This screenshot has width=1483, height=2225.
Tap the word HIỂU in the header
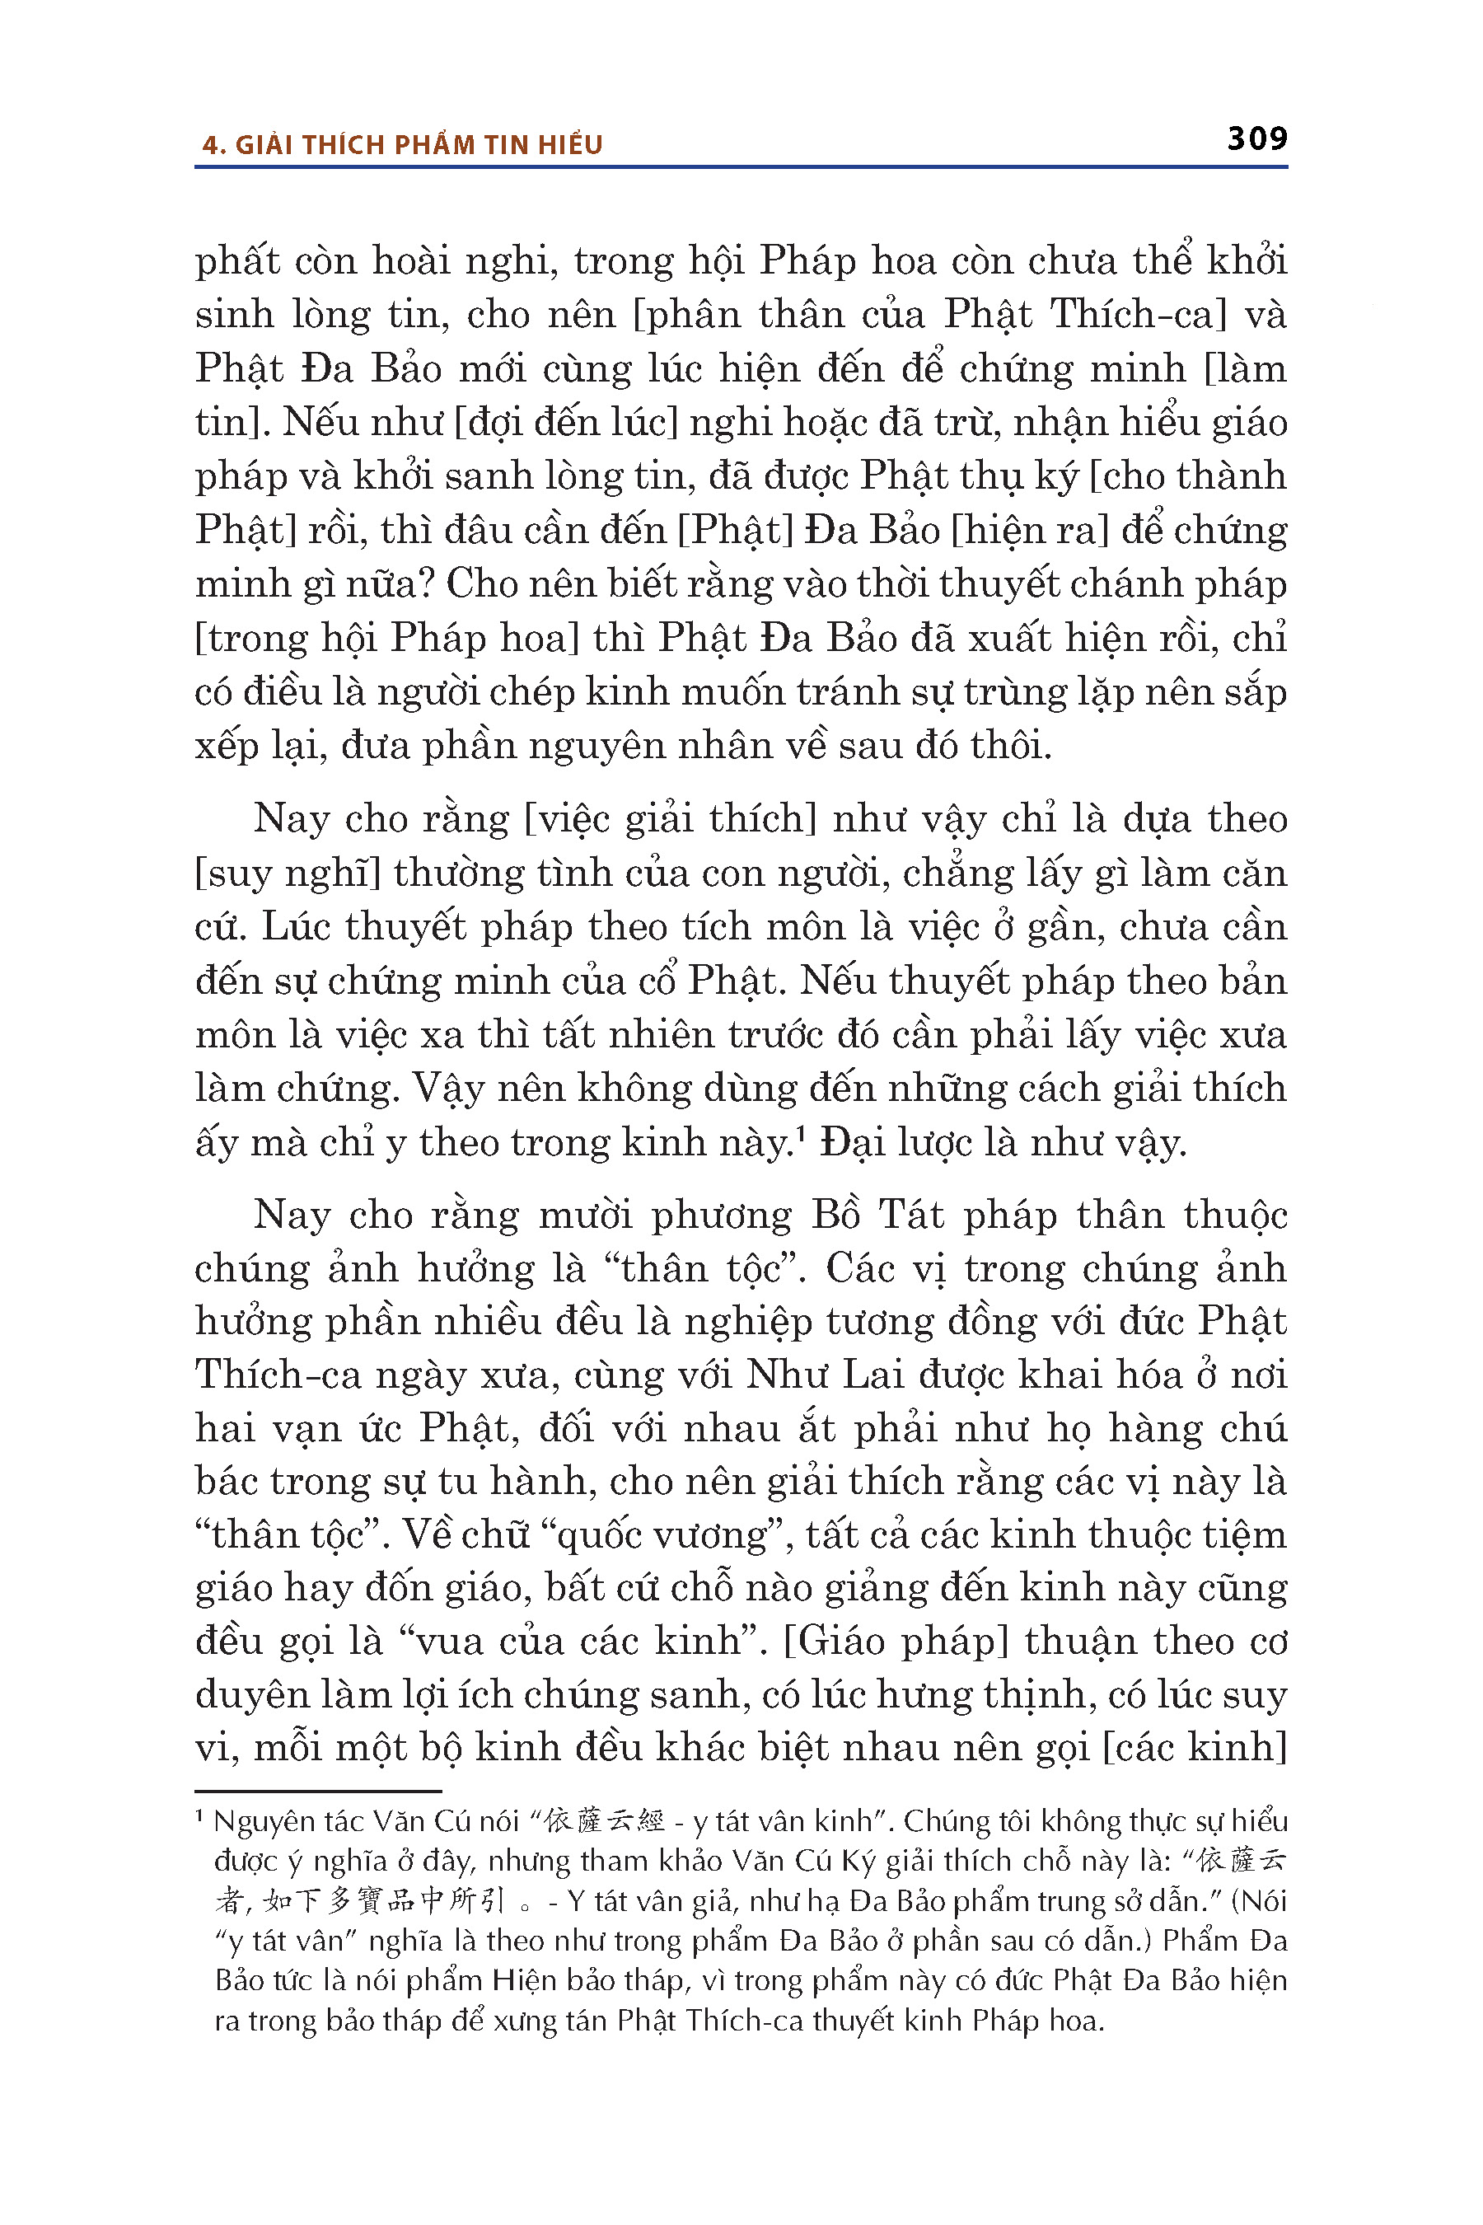[570, 145]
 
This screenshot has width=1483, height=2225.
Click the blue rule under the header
[741, 167]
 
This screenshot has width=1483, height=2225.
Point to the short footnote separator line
[318, 1791]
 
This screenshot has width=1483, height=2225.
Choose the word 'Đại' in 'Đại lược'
[853, 1143]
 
